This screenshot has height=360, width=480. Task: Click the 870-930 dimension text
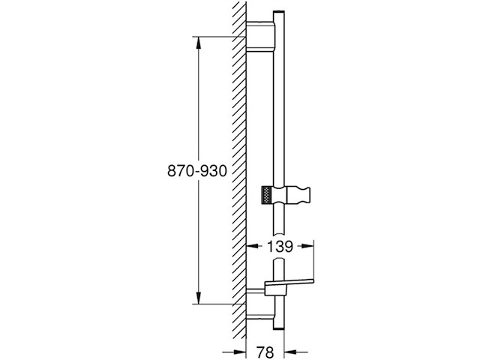click(x=196, y=171)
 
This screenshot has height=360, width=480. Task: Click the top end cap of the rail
click(x=278, y=13)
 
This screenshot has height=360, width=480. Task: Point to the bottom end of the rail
click(x=278, y=327)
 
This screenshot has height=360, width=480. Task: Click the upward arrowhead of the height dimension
click(x=198, y=40)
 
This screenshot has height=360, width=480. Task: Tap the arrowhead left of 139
click(x=253, y=246)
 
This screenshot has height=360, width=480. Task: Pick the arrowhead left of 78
click(x=243, y=352)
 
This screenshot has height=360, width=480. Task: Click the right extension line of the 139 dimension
click(x=315, y=259)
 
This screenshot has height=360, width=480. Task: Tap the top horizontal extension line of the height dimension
click(x=221, y=35)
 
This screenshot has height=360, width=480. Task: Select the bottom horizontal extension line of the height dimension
click(x=221, y=305)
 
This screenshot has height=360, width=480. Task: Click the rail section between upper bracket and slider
click(x=278, y=112)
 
